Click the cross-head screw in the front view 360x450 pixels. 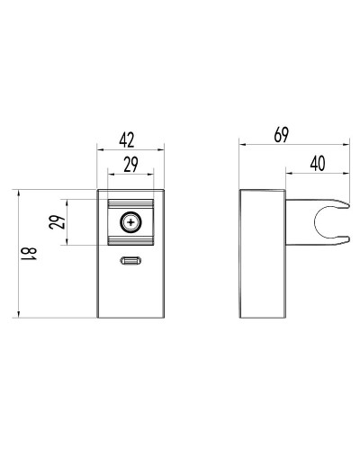coord(131,221)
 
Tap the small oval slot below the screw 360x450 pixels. coord(131,262)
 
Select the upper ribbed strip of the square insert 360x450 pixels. coord(131,203)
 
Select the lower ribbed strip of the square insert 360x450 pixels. coord(131,240)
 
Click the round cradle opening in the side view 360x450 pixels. coord(329,221)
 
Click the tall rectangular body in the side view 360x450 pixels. coord(263,253)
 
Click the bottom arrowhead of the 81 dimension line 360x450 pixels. coord(19,315)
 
